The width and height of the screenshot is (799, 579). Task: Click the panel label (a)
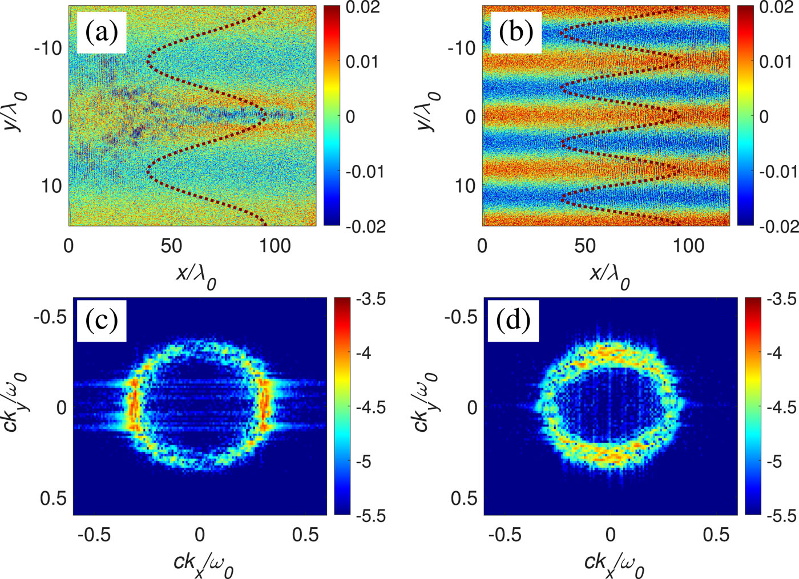[x=102, y=33]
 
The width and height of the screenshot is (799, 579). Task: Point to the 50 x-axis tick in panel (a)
[x=171, y=246]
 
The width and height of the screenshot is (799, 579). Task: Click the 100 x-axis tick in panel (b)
[x=688, y=246]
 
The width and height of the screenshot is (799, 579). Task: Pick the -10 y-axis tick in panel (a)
[x=49, y=48]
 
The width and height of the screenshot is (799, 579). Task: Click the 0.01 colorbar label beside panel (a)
[x=362, y=62]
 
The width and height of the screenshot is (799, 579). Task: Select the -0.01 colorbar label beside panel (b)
[x=778, y=171]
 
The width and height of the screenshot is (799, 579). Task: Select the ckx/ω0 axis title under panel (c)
[x=204, y=564]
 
